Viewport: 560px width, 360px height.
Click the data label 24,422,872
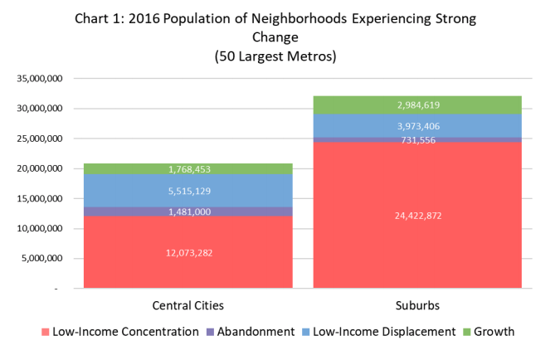tap(416, 216)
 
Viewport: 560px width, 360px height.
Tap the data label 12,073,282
tap(188, 252)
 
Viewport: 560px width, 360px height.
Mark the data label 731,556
tap(416, 140)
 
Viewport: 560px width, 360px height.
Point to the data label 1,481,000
tap(188, 212)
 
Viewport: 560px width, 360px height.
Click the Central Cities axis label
tap(188, 305)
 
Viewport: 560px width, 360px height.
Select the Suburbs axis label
tap(416, 305)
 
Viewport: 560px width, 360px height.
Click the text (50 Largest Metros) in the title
tap(280, 57)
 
